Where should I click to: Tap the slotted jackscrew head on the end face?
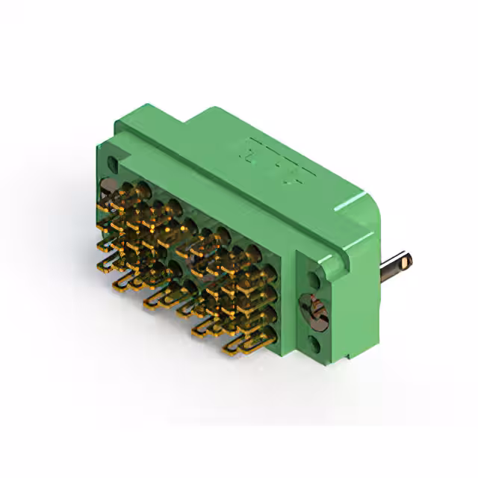pyautogui.click(x=314, y=312)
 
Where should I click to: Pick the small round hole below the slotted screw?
pyautogui.click(x=314, y=344)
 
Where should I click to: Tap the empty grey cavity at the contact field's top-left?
pyautogui.click(x=108, y=187)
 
